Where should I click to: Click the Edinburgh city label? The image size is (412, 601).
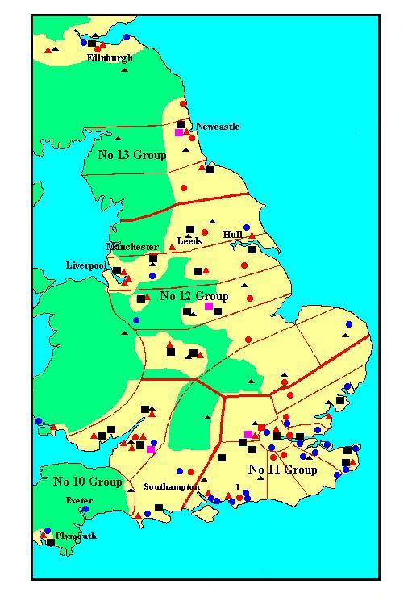(110, 58)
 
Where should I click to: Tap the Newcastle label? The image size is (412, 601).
(218, 127)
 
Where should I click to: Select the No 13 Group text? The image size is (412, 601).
(131, 154)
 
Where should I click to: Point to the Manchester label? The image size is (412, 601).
(132, 246)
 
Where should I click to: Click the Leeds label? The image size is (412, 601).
(189, 241)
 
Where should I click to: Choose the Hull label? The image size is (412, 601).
(233, 235)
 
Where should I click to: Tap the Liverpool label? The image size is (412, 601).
(86, 265)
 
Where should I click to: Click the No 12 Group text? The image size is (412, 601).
(194, 296)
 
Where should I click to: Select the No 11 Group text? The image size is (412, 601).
(282, 470)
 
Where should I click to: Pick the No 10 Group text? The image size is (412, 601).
(87, 482)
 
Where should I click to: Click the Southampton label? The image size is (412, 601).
(171, 487)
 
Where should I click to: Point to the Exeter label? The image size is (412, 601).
(79, 500)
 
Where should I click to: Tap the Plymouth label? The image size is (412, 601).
(77, 536)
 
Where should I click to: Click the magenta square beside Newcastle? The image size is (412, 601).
(179, 132)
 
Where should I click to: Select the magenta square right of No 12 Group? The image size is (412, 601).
(209, 307)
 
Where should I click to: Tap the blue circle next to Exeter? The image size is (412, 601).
(85, 509)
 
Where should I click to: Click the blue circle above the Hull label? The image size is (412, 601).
(247, 227)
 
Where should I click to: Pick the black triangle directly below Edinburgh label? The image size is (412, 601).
(124, 70)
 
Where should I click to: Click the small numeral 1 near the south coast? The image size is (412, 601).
(238, 485)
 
